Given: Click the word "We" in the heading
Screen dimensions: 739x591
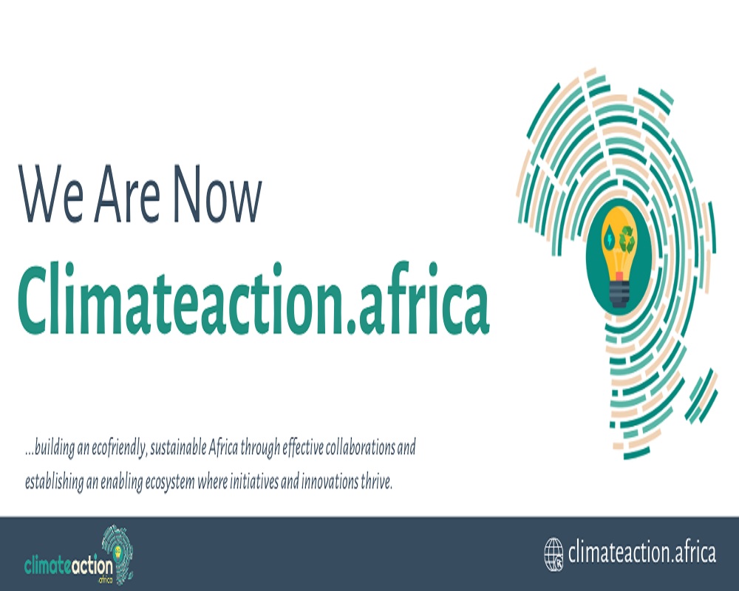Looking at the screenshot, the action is click(51, 194).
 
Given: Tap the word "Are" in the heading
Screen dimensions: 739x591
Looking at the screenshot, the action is click(127, 194).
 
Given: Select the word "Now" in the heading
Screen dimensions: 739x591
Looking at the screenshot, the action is click(217, 194).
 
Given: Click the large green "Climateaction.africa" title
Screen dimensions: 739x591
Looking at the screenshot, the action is click(253, 299).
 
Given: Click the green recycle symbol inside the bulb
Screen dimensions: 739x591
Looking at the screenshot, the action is click(627, 239).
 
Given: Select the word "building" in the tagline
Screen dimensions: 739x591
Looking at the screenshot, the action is click(55, 448).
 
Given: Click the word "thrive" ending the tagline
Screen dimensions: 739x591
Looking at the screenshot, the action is click(375, 482).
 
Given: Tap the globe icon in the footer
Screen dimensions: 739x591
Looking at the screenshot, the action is click(554, 554).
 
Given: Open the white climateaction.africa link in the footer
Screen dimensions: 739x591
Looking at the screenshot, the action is click(642, 553).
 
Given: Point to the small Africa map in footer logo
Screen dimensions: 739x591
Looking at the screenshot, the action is click(118, 554).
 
